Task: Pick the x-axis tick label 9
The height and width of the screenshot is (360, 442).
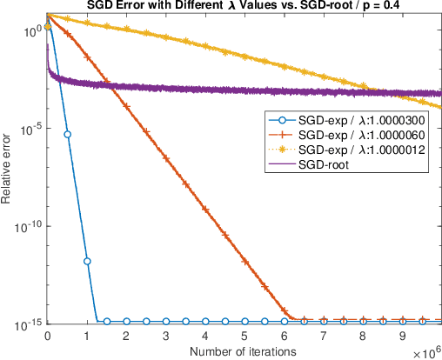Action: (x=402, y=336)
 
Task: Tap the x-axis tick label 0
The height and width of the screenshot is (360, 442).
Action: (x=47, y=336)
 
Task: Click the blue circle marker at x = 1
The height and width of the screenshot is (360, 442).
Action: (x=87, y=261)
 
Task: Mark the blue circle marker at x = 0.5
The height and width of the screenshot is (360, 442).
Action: (x=67, y=134)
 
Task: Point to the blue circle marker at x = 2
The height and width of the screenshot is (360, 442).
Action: (x=126, y=322)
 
